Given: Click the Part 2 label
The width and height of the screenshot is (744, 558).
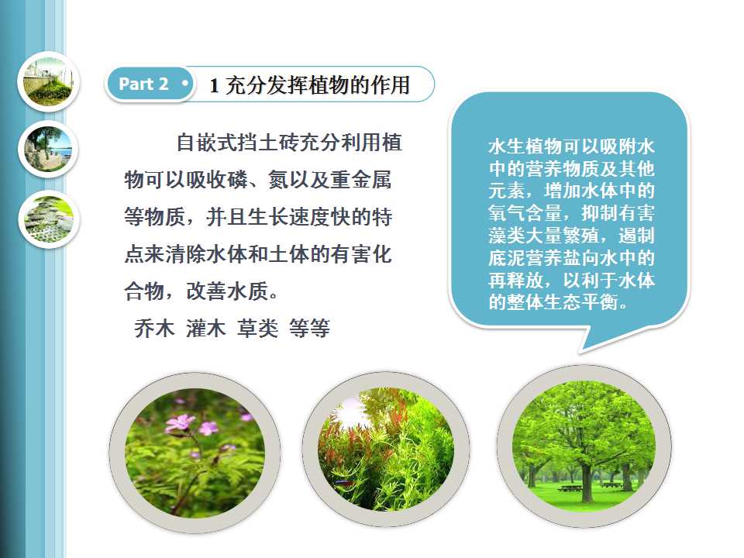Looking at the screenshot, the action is [143, 84].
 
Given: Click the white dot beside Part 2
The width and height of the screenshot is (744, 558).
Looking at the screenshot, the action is [184, 84].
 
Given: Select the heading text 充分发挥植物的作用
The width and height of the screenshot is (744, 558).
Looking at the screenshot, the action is [318, 85].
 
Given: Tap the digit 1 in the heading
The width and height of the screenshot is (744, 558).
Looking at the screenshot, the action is [214, 86].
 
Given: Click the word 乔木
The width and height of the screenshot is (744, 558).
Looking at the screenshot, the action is [154, 328].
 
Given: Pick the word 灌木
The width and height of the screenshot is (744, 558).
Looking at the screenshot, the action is [205, 328].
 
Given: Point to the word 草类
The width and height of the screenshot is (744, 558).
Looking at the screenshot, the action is [257, 328].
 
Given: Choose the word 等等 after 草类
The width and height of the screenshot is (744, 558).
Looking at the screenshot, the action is [309, 328].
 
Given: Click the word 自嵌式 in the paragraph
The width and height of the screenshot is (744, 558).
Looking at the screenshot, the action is [206, 143].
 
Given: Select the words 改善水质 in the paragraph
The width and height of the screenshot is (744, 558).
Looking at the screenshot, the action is [227, 291].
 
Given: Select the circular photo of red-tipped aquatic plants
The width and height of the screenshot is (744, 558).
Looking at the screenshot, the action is [386, 449].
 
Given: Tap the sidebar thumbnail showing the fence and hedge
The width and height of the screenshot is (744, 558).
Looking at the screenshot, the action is [48, 81].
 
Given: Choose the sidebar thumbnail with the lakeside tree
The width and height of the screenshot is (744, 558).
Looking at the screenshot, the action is [48, 150].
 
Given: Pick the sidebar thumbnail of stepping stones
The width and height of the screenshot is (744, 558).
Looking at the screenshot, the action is [48, 219].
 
